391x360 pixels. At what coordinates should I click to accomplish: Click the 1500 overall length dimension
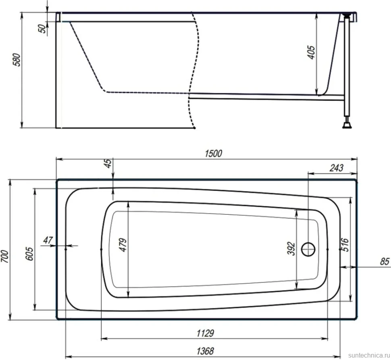213,153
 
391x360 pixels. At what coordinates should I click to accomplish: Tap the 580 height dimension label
17,59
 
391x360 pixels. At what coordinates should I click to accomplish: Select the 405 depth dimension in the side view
312,52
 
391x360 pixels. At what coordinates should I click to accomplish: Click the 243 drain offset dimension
337,168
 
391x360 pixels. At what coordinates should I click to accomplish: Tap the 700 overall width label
5,256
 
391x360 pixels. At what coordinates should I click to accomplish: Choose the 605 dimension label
29,254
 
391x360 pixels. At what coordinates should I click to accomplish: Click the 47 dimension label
48,240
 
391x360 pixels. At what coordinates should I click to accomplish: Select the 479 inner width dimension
123,245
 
